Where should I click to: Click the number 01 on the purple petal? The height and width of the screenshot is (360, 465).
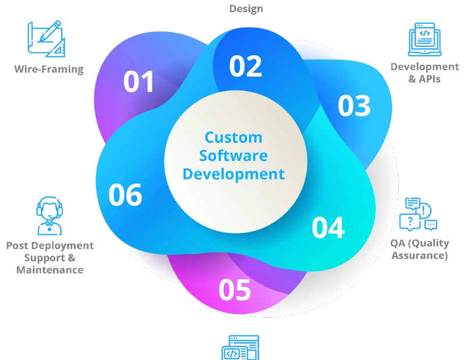tap(138, 81)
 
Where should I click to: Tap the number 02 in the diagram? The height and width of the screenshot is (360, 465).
tap(245, 66)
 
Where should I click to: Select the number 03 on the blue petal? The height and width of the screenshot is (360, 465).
tap(354, 106)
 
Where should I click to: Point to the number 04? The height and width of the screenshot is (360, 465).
tap(328, 227)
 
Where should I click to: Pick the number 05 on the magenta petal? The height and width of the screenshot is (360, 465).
tap(235, 290)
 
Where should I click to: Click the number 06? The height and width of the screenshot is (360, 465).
tap(125, 195)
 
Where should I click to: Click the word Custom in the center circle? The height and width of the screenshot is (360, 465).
tap(234, 138)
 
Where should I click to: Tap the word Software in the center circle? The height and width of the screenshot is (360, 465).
tap(234, 156)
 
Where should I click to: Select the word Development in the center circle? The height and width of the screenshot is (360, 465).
tap(234, 174)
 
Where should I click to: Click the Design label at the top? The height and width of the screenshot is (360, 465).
tap(246, 9)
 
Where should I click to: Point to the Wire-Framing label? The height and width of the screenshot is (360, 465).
tap(49, 69)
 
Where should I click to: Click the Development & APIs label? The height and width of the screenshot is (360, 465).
tap(425, 73)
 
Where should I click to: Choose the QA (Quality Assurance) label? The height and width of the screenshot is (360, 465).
tap(420, 249)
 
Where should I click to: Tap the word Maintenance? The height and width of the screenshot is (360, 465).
tap(50, 270)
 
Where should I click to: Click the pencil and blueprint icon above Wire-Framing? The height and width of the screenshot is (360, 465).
tap(46, 38)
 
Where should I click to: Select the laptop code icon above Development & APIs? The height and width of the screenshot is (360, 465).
tap(425, 39)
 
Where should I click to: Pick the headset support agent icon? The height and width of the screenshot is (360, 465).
tap(49, 215)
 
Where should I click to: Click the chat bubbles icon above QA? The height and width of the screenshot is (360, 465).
tap(418, 214)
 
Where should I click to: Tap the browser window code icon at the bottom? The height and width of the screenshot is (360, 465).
tap(241, 348)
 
